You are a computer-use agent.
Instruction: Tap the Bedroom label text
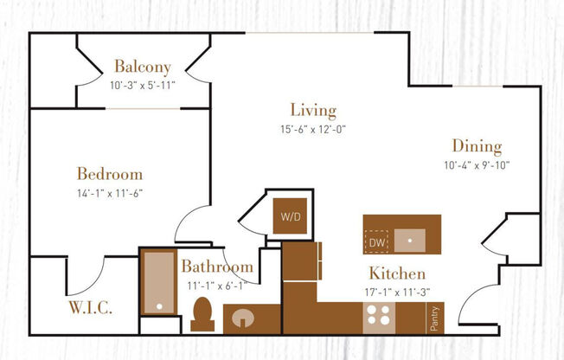point(109,174)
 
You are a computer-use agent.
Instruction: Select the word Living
point(312,111)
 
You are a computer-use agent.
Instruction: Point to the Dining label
point(476,147)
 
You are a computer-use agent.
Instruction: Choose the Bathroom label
point(216,267)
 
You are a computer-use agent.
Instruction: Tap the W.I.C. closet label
point(90,307)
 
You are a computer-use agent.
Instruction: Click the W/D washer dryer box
point(288,216)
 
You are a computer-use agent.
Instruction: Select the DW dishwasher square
point(376,242)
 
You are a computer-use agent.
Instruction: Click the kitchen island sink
point(409,238)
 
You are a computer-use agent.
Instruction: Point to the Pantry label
point(434,318)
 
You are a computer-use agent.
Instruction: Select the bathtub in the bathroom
point(158,281)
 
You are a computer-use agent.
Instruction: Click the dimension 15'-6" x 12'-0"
point(312,129)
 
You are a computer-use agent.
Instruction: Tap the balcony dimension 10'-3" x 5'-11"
point(142,85)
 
